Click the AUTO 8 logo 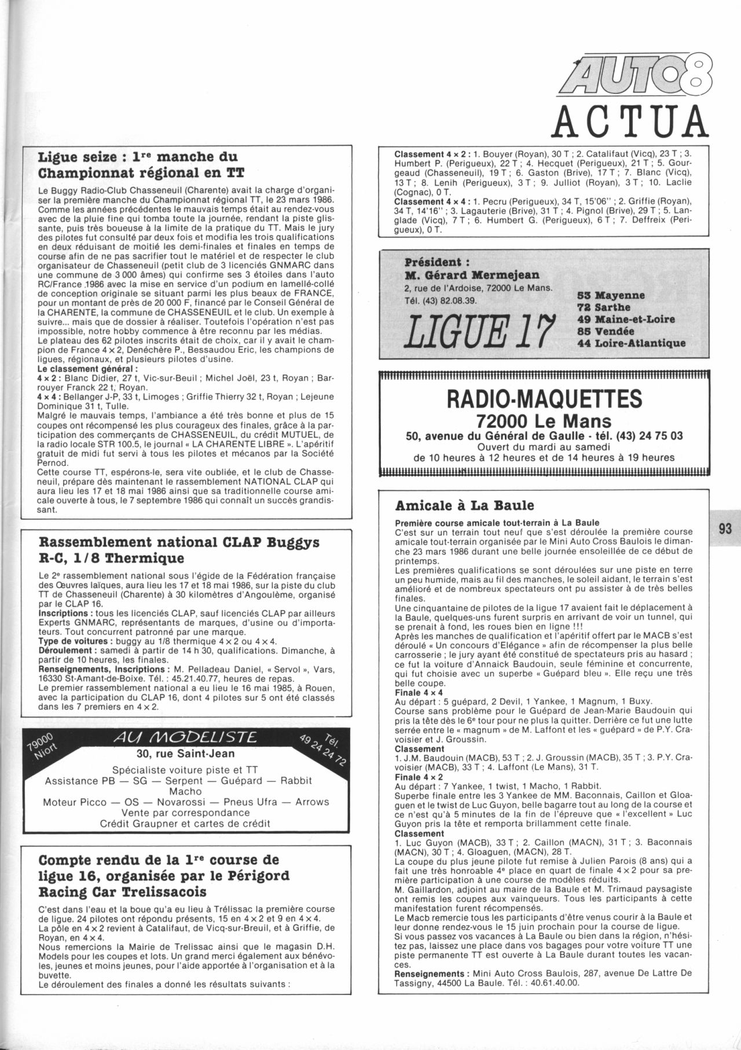click(x=632, y=76)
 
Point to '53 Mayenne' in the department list click(x=611, y=295)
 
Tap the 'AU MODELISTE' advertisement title click(x=185, y=737)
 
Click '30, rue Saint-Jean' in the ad click(x=185, y=754)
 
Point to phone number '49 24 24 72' click(x=322, y=750)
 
